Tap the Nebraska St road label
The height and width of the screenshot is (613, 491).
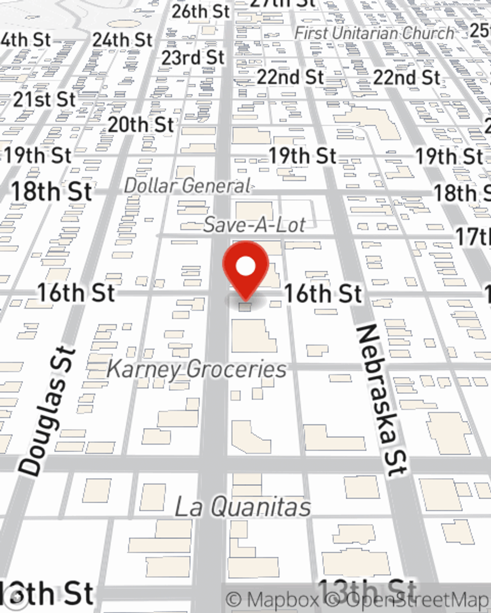point(382,400)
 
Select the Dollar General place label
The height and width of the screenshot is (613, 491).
point(188,186)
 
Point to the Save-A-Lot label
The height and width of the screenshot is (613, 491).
point(254,225)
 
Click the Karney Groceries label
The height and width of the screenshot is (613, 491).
point(196,369)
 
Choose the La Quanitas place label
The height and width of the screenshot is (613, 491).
point(243,507)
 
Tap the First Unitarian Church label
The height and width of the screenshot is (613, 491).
point(374,33)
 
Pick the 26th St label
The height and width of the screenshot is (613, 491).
point(200,12)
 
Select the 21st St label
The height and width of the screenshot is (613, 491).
point(44,100)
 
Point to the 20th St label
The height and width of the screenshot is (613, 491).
point(141,125)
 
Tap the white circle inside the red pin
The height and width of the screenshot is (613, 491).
point(245,266)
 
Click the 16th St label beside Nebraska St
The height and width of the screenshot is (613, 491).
point(323,293)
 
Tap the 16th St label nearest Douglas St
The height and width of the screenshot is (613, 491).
point(76,293)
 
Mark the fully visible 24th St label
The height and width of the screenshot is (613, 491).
point(122,40)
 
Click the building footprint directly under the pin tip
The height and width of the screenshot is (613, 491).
point(245,307)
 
